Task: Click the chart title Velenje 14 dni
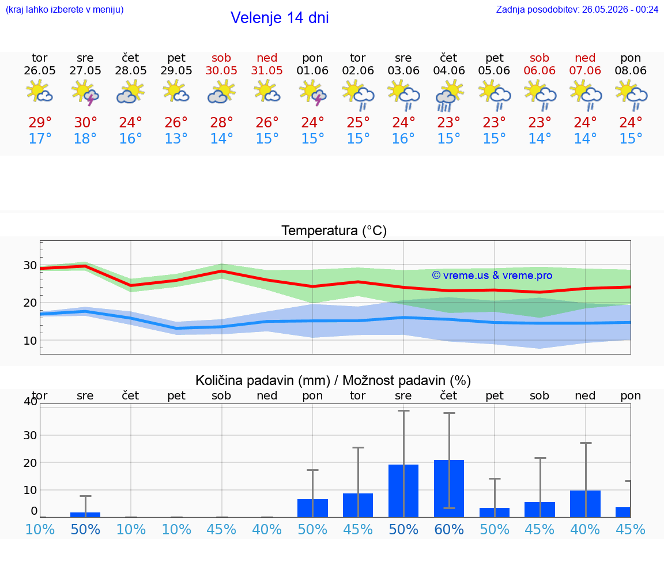click(280, 18)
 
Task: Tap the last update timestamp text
click(577, 9)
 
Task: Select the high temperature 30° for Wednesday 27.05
click(85, 122)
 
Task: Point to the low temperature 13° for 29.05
click(176, 138)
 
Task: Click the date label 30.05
click(221, 70)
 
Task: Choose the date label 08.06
click(631, 70)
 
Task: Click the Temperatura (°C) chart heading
click(334, 231)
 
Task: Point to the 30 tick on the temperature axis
click(30, 266)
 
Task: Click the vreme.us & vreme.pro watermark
click(492, 276)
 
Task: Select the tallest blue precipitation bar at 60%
click(449, 488)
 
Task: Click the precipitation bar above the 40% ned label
click(585, 504)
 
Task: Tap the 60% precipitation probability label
click(449, 529)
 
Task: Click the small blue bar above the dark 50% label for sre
click(85, 515)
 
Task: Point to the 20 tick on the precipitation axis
click(30, 463)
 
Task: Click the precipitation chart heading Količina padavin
click(263, 380)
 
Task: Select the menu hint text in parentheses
click(65, 9)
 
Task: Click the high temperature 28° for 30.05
click(221, 122)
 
